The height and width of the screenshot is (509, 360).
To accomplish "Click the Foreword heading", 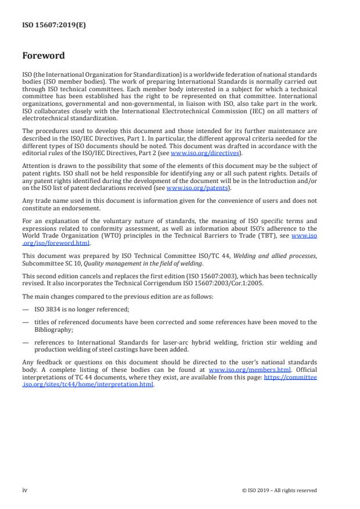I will [44, 56].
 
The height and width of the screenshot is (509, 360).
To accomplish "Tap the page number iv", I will [25, 490].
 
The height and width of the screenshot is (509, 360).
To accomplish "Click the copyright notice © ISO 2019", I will [279, 490].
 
